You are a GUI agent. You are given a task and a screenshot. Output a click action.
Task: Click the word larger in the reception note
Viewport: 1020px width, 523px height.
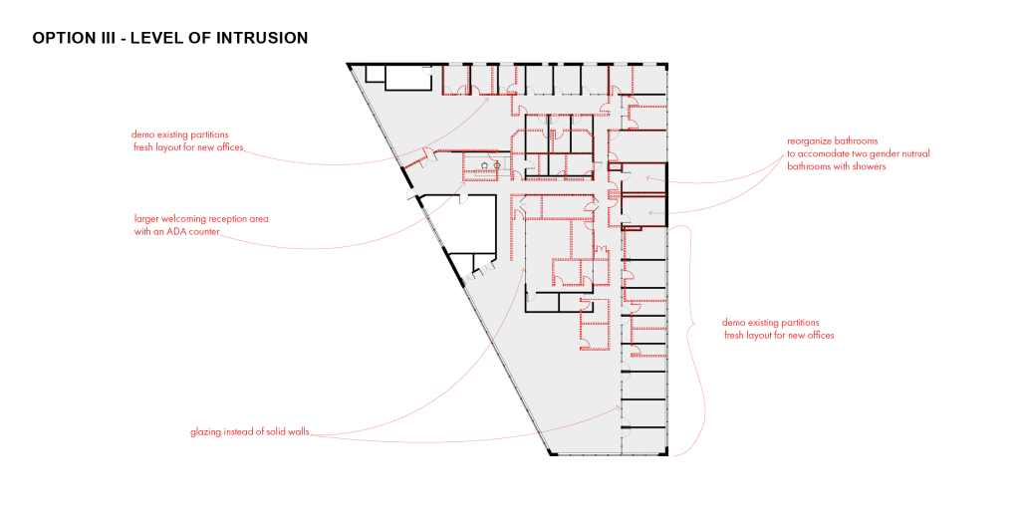pos(146,219)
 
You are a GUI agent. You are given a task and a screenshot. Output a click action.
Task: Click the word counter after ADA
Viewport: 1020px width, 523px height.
pos(204,231)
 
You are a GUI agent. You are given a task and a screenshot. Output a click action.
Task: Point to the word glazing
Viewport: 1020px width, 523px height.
pos(205,432)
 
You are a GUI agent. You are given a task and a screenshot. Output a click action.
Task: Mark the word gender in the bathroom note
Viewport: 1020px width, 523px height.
pos(883,154)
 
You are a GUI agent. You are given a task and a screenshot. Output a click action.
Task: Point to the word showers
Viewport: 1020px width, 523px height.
pos(869,166)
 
